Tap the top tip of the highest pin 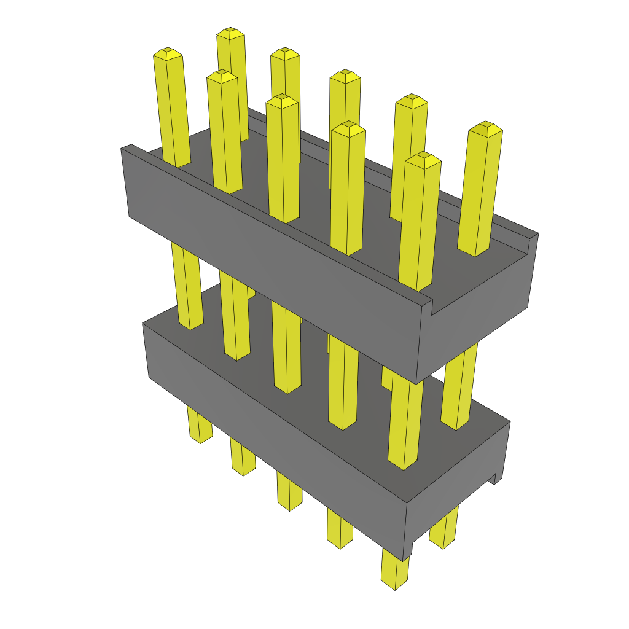pyautogui.click(x=230, y=32)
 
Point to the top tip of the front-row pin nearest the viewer pyautogui.click(x=423, y=158)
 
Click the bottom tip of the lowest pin pyautogui.click(x=395, y=584)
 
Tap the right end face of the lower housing pyautogui.click(x=461, y=485)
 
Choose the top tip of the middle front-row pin pyautogui.click(x=282, y=100)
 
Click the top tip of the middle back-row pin pyautogui.click(x=345, y=75)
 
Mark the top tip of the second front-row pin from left pyautogui.click(x=222, y=76)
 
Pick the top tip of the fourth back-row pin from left pyautogui.click(x=411, y=100)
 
